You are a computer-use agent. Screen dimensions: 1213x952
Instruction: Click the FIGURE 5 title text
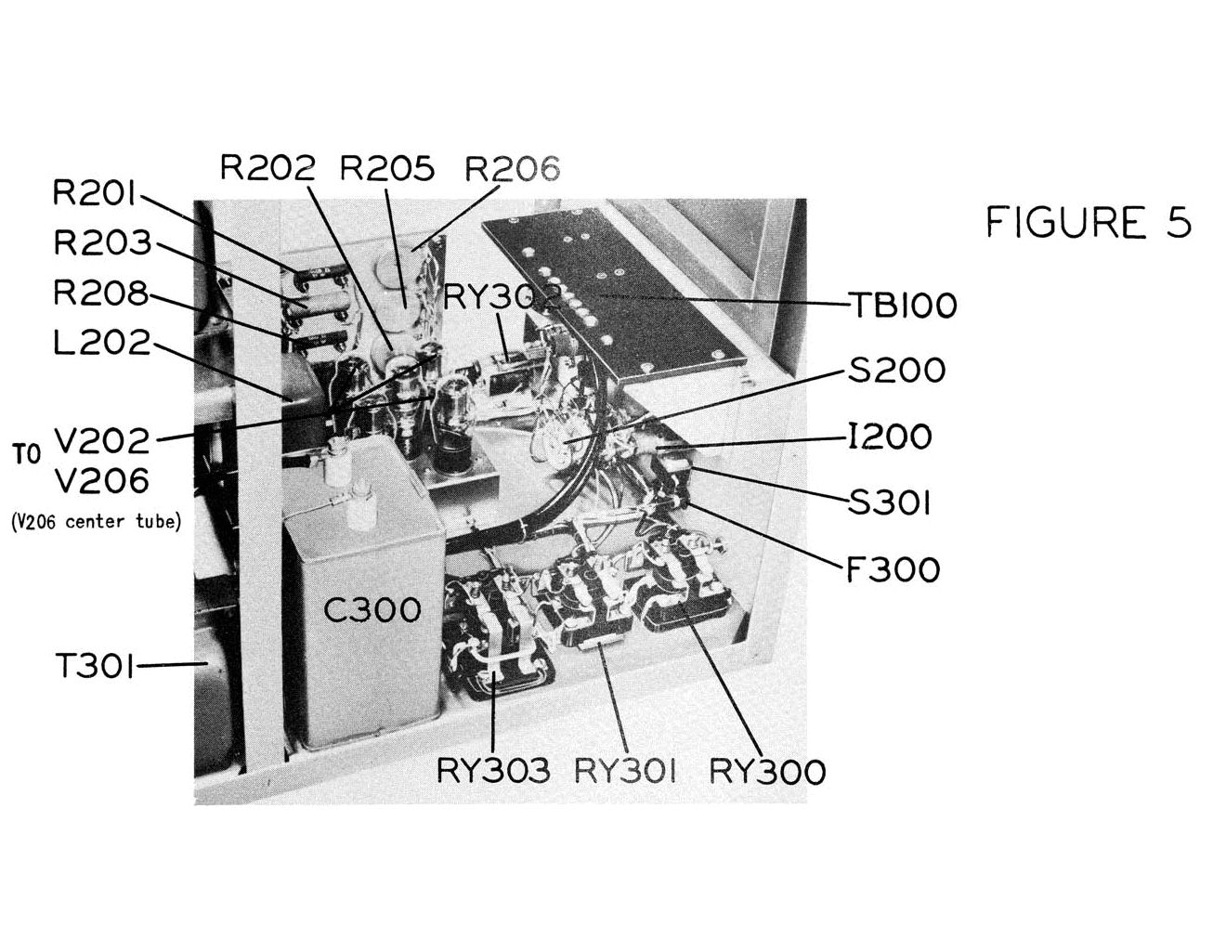[x=1089, y=222]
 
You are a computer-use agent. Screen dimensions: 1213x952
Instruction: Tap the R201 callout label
[x=95, y=193]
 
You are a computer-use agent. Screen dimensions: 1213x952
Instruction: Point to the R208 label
[x=101, y=293]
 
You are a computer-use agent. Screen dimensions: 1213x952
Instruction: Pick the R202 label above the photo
[x=267, y=167]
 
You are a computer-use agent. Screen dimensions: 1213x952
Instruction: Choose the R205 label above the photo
[x=387, y=167]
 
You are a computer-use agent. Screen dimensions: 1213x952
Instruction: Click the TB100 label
[x=903, y=306]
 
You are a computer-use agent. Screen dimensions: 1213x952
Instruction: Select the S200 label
[x=896, y=370]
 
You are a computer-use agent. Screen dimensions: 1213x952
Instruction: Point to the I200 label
[x=890, y=437]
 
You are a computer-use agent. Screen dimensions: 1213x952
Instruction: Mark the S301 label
[x=889, y=502]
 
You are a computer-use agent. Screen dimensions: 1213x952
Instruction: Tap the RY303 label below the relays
[x=493, y=771]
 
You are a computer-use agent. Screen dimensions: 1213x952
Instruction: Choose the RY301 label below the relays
[x=625, y=771]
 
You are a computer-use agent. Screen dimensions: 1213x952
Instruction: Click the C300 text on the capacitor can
[x=372, y=609]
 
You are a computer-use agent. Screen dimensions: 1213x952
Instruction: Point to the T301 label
[x=95, y=665]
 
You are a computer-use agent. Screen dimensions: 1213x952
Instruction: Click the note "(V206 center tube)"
[x=96, y=522]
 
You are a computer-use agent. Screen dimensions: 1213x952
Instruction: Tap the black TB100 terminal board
[x=614, y=295]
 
